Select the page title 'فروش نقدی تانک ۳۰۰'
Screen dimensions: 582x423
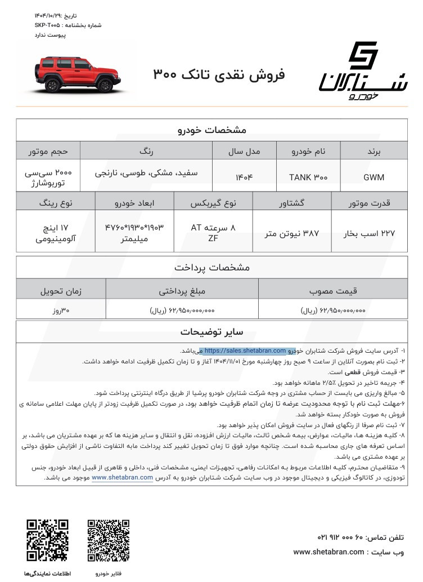pos(219,74)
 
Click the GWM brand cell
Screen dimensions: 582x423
pos(374,177)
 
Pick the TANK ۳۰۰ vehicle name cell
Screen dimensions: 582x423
pos(308,177)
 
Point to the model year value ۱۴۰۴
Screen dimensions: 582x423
pos(245,177)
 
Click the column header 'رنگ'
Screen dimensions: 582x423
pos(146,151)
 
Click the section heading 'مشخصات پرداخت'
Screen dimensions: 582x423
pos(212,267)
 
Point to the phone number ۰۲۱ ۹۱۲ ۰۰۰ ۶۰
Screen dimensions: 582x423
pos(348,537)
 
